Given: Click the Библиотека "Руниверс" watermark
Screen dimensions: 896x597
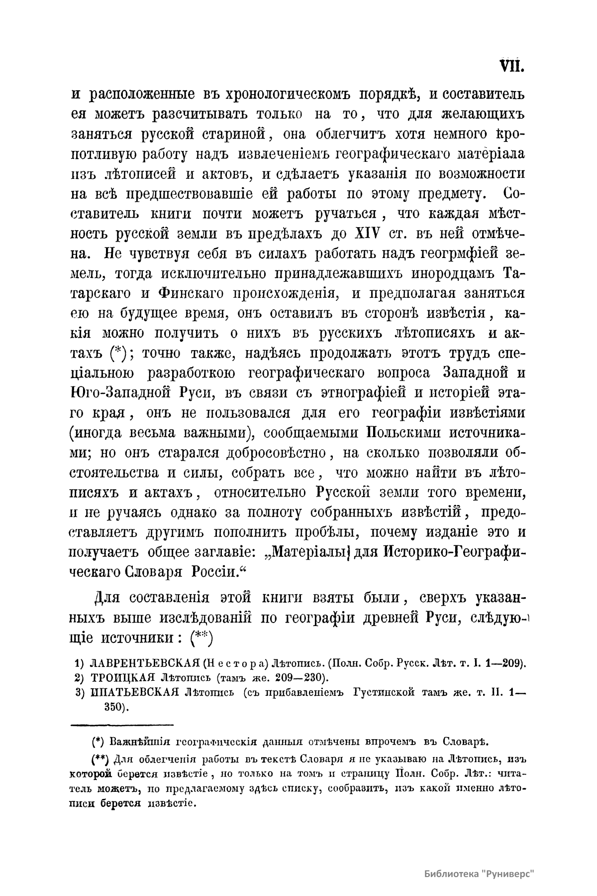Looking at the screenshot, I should pos(480,874).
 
